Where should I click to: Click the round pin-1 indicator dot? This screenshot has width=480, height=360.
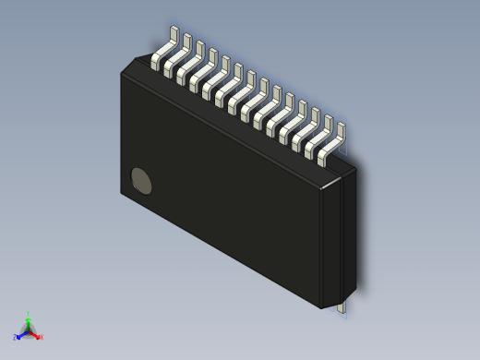tap(141, 181)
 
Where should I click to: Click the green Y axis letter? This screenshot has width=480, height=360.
tap(28, 314)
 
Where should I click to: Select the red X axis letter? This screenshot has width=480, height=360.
tap(41, 337)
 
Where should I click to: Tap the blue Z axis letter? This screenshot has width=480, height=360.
tap(16, 338)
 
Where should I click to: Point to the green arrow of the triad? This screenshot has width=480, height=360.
tap(28, 322)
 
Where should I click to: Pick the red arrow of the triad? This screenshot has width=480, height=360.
tap(35, 333)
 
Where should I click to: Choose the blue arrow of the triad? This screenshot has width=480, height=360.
tap(21, 334)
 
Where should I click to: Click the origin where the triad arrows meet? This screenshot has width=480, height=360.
tap(28, 330)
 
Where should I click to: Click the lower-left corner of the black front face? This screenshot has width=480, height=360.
tap(122, 193)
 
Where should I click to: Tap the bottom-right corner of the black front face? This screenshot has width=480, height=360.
tap(320, 306)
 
